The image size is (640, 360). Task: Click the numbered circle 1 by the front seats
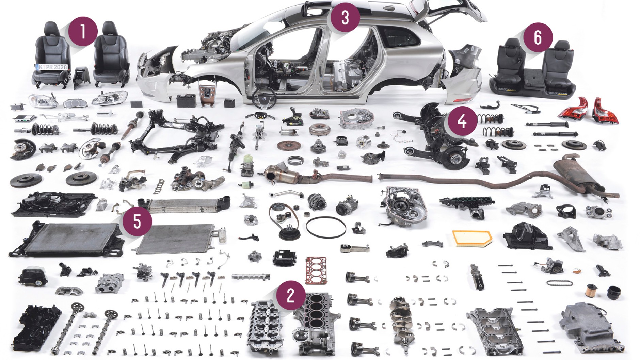[x=83, y=32]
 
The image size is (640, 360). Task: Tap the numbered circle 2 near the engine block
[x=290, y=295]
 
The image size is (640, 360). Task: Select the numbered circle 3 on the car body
[x=345, y=17]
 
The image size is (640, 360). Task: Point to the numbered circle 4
[x=462, y=121]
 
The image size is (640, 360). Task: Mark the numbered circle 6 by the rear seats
[x=538, y=37]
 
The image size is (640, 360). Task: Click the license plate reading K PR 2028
[x=52, y=67]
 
